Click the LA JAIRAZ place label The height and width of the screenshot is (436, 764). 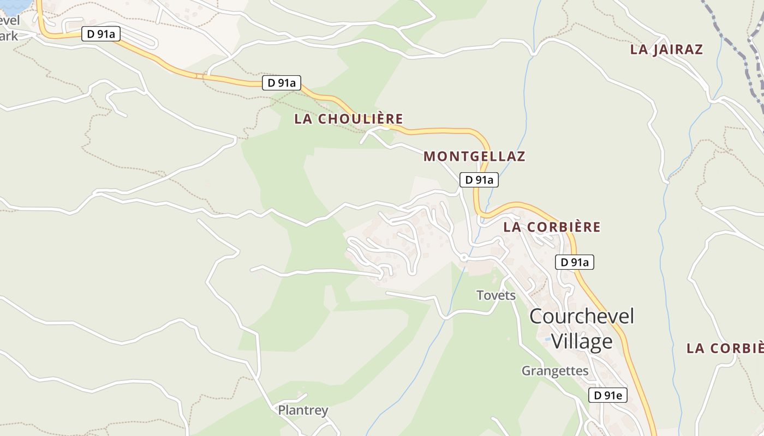(x=666, y=50)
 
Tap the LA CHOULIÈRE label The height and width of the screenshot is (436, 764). (x=349, y=119)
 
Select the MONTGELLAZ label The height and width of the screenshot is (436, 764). (x=474, y=156)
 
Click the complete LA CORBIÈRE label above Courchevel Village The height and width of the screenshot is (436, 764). (x=552, y=227)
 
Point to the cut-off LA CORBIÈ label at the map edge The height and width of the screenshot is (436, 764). (x=725, y=348)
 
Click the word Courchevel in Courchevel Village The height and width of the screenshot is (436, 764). (x=582, y=316)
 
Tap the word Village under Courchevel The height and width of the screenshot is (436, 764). (x=582, y=342)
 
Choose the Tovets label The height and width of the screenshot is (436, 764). (x=496, y=295)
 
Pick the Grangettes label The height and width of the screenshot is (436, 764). (x=555, y=371)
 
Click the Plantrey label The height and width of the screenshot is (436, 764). (x=303, y=410)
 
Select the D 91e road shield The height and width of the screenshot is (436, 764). (x=608, y=395)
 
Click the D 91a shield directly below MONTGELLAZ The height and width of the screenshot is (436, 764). (x=479, y=180)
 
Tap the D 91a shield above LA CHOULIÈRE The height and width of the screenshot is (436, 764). (x=282, y=83)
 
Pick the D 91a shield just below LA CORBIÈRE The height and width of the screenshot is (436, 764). (x=575, y=262)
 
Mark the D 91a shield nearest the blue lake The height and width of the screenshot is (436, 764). (x=101, y=34)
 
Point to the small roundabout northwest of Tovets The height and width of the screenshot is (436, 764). (x=464, y=257)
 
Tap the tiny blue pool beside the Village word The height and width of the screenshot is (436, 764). (x=547, y=339)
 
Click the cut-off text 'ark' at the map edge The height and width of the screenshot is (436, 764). (x=9, y=37)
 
